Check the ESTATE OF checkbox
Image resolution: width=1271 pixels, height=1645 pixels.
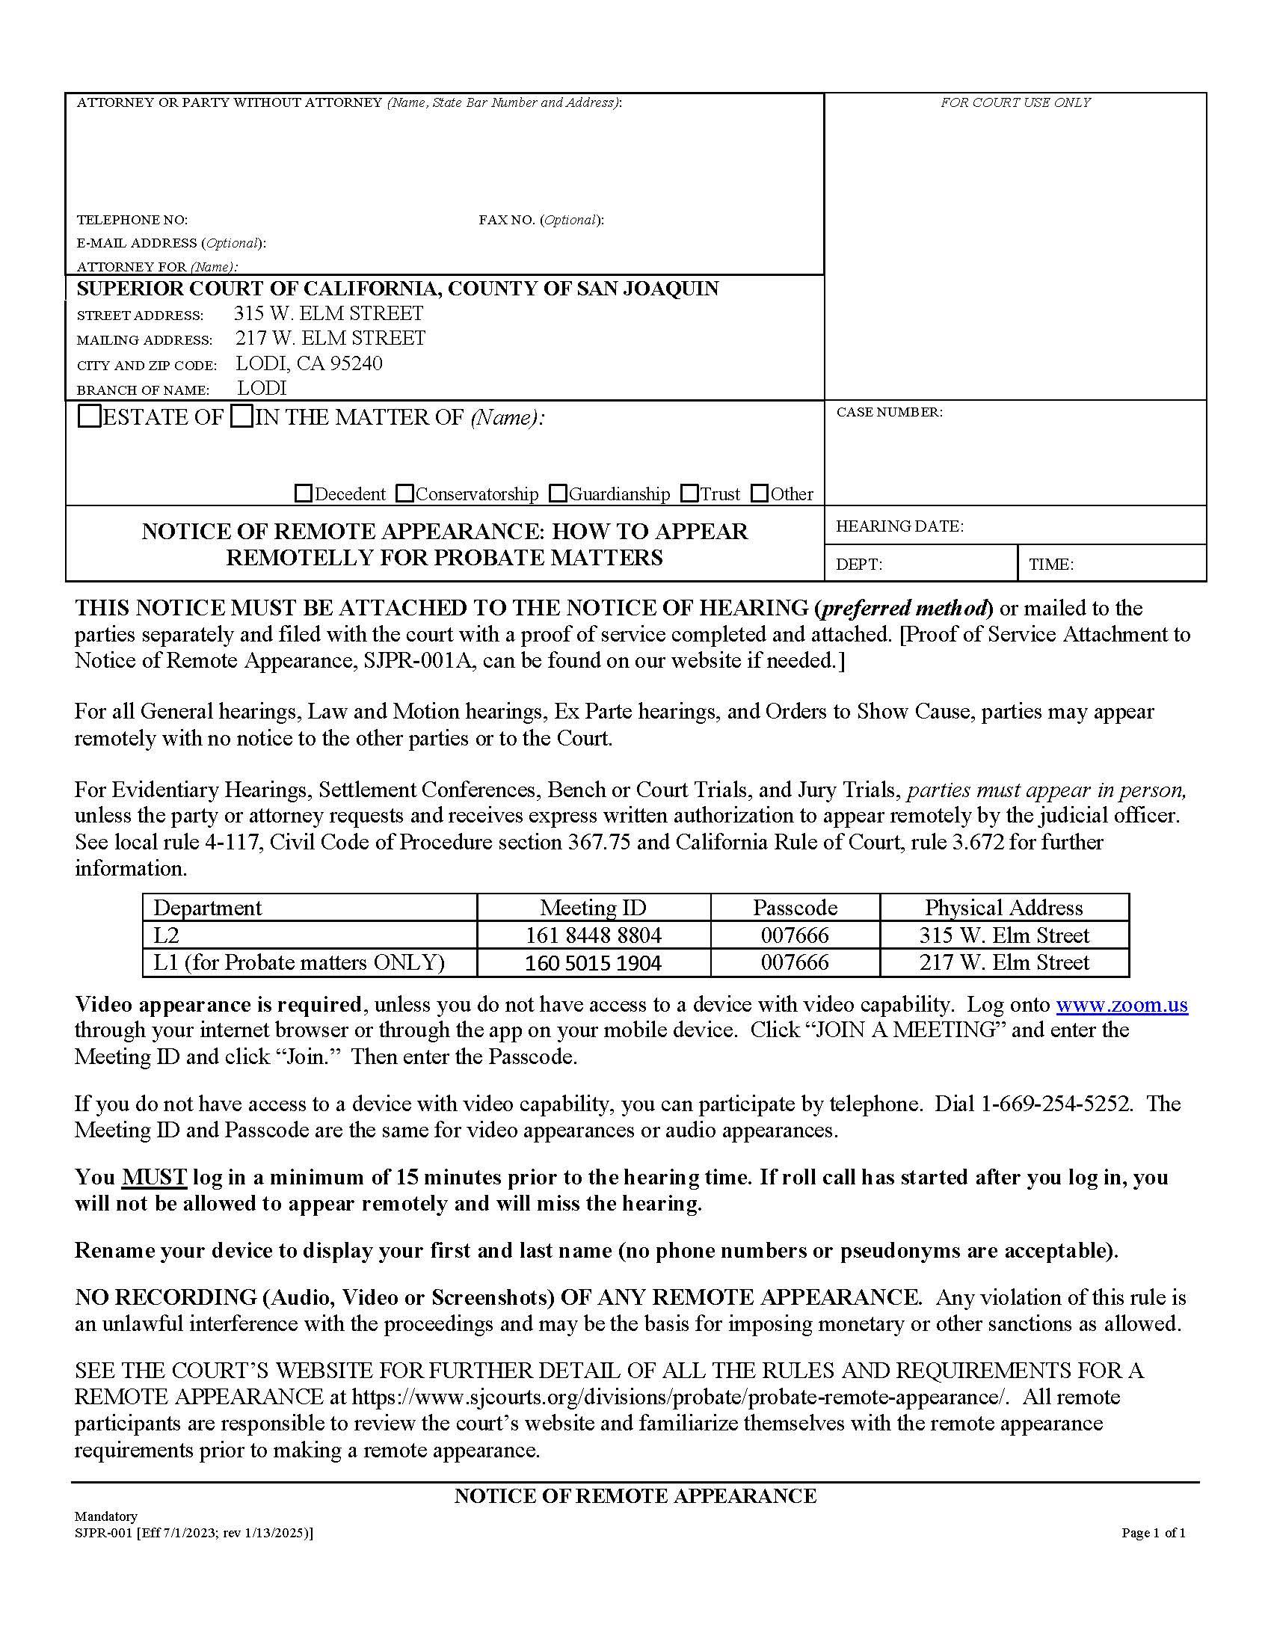click(x=90, y=416)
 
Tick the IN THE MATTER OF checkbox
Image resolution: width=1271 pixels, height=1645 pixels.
click(x=241, y=416)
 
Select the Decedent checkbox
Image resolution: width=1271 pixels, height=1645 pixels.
click(x=303, y=494)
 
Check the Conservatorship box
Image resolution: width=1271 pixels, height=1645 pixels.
click(x=404, y=494)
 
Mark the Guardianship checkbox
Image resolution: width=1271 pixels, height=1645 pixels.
click(x=558, y=494)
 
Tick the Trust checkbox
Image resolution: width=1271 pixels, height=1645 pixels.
click(x=689, y=494)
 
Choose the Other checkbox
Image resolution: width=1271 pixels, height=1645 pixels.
click(x=760, y=494)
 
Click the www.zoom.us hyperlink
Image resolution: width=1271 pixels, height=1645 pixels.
click(x=1121, y=1004)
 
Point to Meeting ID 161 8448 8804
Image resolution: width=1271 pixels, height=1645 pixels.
click(x=593, y=935)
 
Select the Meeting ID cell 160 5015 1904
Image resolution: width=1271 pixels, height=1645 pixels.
click(x=593, y=962)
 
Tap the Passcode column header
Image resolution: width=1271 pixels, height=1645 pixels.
click(x=794, y=908)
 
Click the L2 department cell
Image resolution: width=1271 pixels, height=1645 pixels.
click(x=167, y=935)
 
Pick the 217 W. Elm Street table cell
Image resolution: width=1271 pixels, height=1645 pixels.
click(x=1003, y=962)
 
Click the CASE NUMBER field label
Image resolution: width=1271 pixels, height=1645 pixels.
click(x=888, y=412)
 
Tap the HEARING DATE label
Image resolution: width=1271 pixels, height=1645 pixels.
click(x=899, y=526)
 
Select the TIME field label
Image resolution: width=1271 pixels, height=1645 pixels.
click(x=1050, y=564)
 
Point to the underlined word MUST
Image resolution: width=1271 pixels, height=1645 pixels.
click(x=153, y=1177)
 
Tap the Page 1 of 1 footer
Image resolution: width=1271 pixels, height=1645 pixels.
click(x=1153, y=1533)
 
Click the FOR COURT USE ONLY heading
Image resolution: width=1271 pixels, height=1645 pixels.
click(x=1015, y=102)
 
